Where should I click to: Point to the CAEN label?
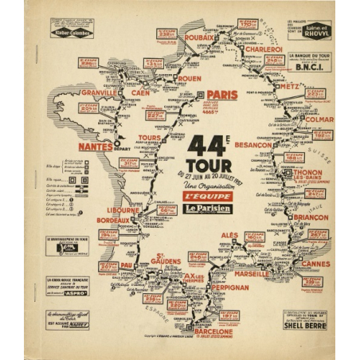(139, 92)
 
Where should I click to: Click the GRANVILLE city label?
(100, 92)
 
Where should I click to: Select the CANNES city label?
(316, 264)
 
